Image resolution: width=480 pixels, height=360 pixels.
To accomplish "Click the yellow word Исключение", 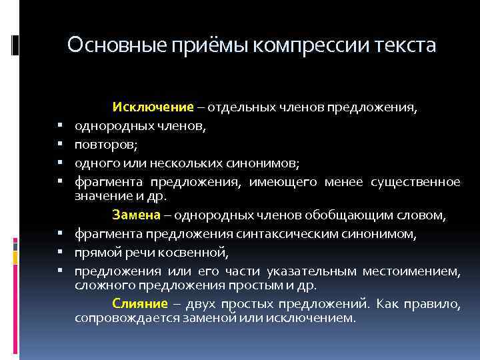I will coord(153,107).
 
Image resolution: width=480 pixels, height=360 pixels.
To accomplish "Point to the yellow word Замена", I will coord(136,215).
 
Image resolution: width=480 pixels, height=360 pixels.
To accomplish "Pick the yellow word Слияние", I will coord(139,304).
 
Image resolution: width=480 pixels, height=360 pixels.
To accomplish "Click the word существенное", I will coord(417,182).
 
